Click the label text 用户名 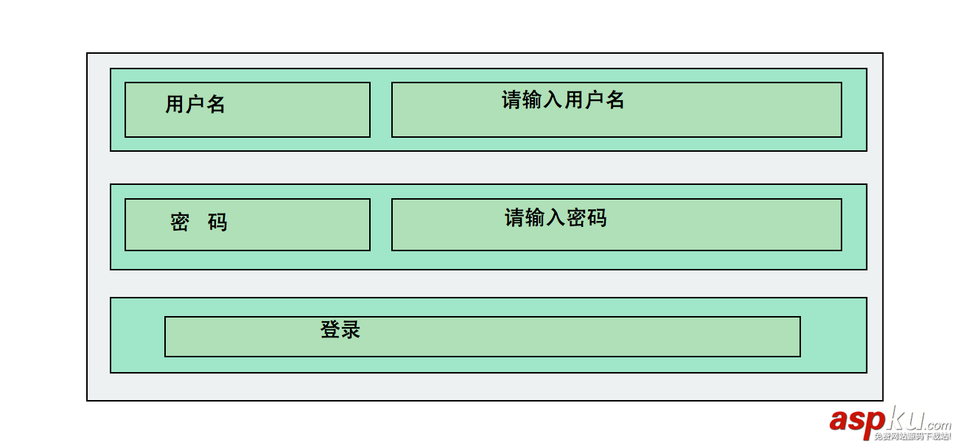click(x=195, y=105)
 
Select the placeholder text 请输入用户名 click(x=563, y=100)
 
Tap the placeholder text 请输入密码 click(x=556, y=218)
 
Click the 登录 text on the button click(x=340, y=330)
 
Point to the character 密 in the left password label click(x=180, y=222)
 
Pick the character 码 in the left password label click(x=217, y=222)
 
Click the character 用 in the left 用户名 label click(x=175, y=105)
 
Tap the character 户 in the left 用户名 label click(x=195, y=105)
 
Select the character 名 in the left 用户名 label click(x=216, y=105)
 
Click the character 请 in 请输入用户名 click(x=511, y=100)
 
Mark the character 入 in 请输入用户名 click(x=553, y=100)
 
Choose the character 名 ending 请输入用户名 click(x=615, y=100)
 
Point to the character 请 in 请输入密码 click(x=514, y=218)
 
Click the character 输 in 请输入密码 click(x=535, y=218)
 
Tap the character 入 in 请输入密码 click(x=556, y=218)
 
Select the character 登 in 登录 click(x=330, y=330)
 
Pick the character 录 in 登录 click(x=351, y=330)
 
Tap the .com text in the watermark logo click(x=937, y=425)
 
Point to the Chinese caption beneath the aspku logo click(x=912, y=437)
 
